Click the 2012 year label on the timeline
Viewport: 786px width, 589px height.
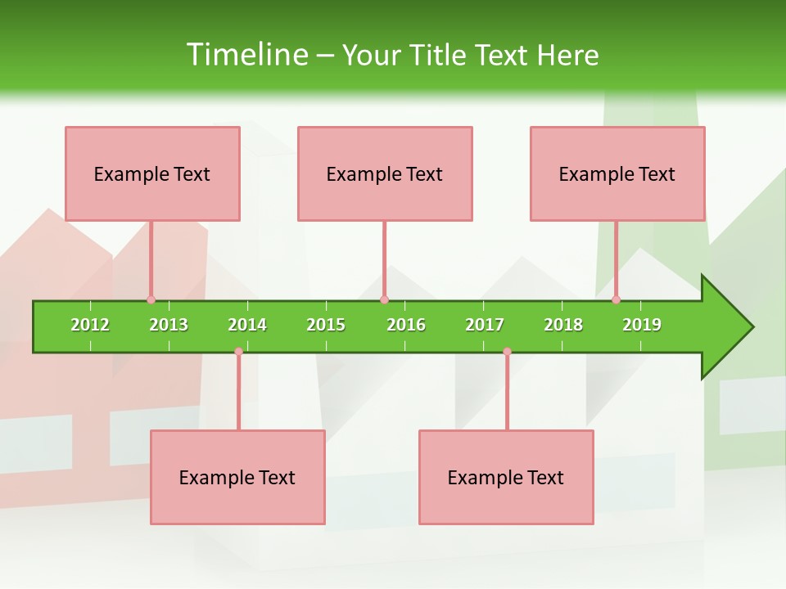click(90, 325)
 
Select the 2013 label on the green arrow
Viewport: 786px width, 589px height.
click(169, 325)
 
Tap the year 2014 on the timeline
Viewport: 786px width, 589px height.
click(247, 325)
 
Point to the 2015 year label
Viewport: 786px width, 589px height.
click(326, 325)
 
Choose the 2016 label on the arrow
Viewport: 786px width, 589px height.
click(406, 325)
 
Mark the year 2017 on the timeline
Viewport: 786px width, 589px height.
click(485, 325)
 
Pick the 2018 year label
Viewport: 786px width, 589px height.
click(563, 325)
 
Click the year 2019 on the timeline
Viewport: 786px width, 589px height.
click(642, 325)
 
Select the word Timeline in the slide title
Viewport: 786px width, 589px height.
click(246, 55)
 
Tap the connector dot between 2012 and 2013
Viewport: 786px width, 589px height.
click(151, 299)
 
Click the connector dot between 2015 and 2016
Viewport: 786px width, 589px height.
click(384, 299)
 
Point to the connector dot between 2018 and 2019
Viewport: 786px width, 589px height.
click(617, 299)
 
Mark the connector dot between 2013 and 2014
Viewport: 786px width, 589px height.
click(238, 352)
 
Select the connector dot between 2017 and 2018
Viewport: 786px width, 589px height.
click(507, 352)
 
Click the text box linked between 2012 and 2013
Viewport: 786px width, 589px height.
click(152, 173)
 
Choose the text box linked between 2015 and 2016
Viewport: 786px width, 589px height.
click(385, 173)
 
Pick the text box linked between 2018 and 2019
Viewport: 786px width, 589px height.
click(617, 173)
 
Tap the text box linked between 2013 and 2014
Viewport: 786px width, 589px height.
click(237, 477)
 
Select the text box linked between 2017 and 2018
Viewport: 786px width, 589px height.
click(506, 477)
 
